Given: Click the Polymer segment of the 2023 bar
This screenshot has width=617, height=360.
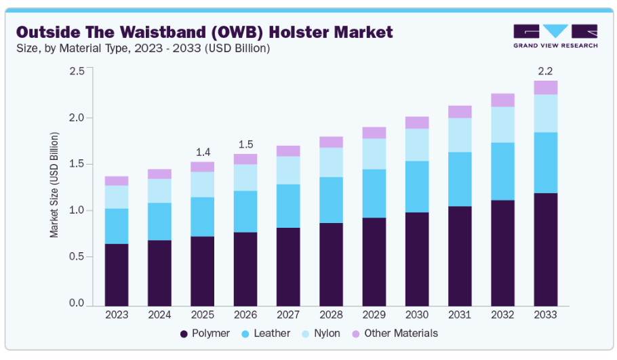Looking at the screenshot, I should [x=117, y=274].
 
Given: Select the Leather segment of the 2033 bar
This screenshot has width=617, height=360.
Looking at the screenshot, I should [x=545, y=163].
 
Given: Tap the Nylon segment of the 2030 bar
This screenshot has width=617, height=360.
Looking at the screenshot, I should [x=417, y=144].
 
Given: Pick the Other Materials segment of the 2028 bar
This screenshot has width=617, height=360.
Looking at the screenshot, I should [x=331, y=142].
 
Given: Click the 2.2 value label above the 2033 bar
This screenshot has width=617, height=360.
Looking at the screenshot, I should [x=545, y=71].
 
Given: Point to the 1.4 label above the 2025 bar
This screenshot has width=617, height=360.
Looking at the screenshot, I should [x=202, y=153].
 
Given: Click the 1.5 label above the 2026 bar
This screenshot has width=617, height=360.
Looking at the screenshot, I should [x=245, y=144].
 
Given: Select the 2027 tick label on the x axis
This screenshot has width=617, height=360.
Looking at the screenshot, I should [x=288, y=315].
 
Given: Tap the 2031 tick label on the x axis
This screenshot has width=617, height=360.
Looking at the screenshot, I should [x=460, y=315].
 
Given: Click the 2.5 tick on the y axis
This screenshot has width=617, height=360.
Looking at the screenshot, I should [x=77, y=71].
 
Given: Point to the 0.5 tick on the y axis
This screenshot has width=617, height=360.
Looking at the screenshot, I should [x=77, y=257].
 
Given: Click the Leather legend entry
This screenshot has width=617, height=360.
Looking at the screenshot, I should [x=265, y=334].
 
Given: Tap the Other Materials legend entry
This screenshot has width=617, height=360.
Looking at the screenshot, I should [x=394, y=334].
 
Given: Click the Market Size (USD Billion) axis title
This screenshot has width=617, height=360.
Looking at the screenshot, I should [x=54, y=184].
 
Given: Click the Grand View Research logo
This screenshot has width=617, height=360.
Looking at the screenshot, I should [x=555, y=36].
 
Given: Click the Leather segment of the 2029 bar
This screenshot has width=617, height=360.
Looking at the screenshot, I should [x=374, y=193].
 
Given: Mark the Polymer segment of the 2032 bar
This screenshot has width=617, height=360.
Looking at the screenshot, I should [x=502, y=252].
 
